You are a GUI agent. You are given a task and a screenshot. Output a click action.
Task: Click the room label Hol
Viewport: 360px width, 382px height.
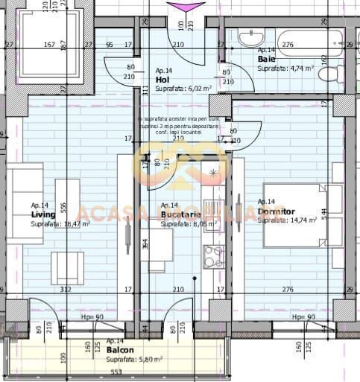pyautogui.click(x=162, y=79)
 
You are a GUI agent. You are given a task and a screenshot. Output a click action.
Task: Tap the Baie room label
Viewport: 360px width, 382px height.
pyautogui.click(x=265, y=59)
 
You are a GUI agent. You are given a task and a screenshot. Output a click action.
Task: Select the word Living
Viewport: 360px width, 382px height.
pyautogui.click(x=43, y=214)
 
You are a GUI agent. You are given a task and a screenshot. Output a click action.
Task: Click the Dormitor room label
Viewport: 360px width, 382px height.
pyautogui.click(x=276, y=211)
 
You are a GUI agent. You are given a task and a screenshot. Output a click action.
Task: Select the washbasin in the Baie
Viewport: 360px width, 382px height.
pyautogui.click(x=251, y=36)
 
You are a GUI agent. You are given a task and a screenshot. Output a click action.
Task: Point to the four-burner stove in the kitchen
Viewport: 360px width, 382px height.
pyautogui.click(x=213, y=256)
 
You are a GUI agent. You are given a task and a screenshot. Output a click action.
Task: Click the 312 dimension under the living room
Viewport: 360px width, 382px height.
pyautogui.click(x=66, y=290)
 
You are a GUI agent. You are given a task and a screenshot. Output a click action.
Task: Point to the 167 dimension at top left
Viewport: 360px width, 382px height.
pyautogui.click(x=49, y=45)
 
